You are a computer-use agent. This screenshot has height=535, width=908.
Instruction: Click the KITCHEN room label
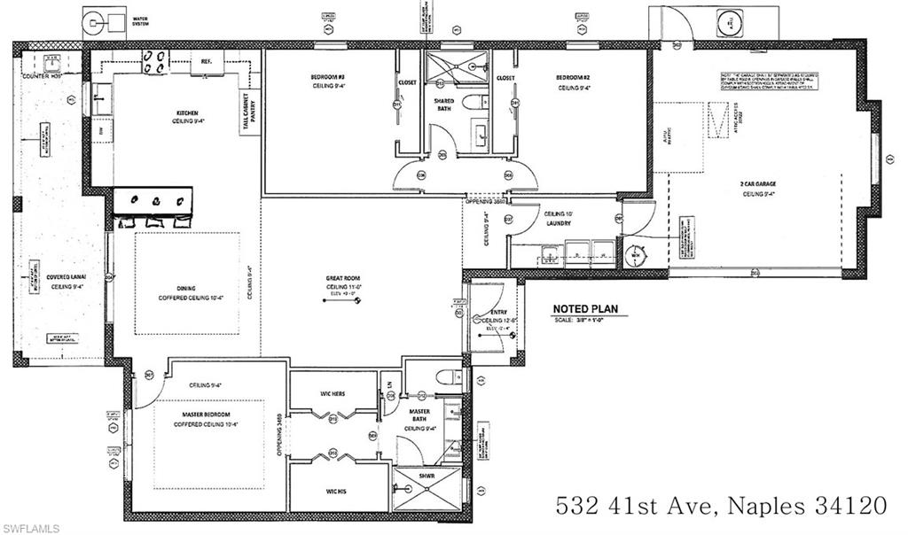[188, 112]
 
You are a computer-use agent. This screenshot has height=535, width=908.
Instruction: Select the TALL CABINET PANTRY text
[247, 114]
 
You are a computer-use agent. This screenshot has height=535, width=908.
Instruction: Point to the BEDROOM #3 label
[327, 78]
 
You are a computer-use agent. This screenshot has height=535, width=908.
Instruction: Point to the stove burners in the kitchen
[156, 60]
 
